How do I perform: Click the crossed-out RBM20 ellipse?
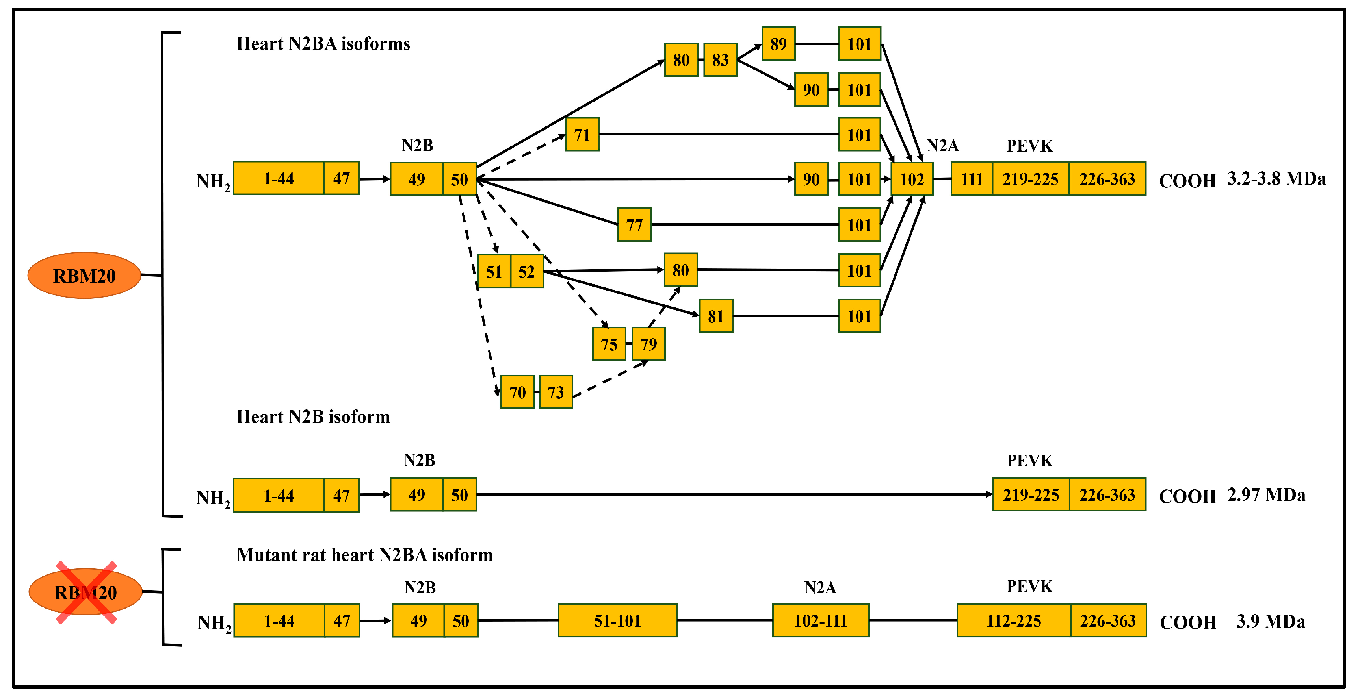[x=85, y=592]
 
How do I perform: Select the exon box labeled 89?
[x=778, y=44]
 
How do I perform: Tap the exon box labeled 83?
[x=720, y=59]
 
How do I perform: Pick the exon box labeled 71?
[x=582, y=135]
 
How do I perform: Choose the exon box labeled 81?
[x=715, y=316]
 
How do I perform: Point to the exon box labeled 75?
[x=609, y=344]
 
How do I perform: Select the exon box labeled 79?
[x=648, y=344]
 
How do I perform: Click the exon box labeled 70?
[x=517, y=392]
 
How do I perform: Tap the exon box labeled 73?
[x=556, y=392]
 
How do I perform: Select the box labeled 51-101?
[x=617, y=620]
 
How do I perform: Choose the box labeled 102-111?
[x=820, y=620]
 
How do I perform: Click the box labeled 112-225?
[x=1014, y=620]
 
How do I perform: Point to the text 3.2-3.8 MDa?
[x=1276, y=179]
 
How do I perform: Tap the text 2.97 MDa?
[x=1265, y=495]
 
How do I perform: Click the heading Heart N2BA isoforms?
[x=323, y=43]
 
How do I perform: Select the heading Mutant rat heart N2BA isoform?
[x=364, y=555]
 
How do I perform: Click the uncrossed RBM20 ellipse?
[x=84, y=276]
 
